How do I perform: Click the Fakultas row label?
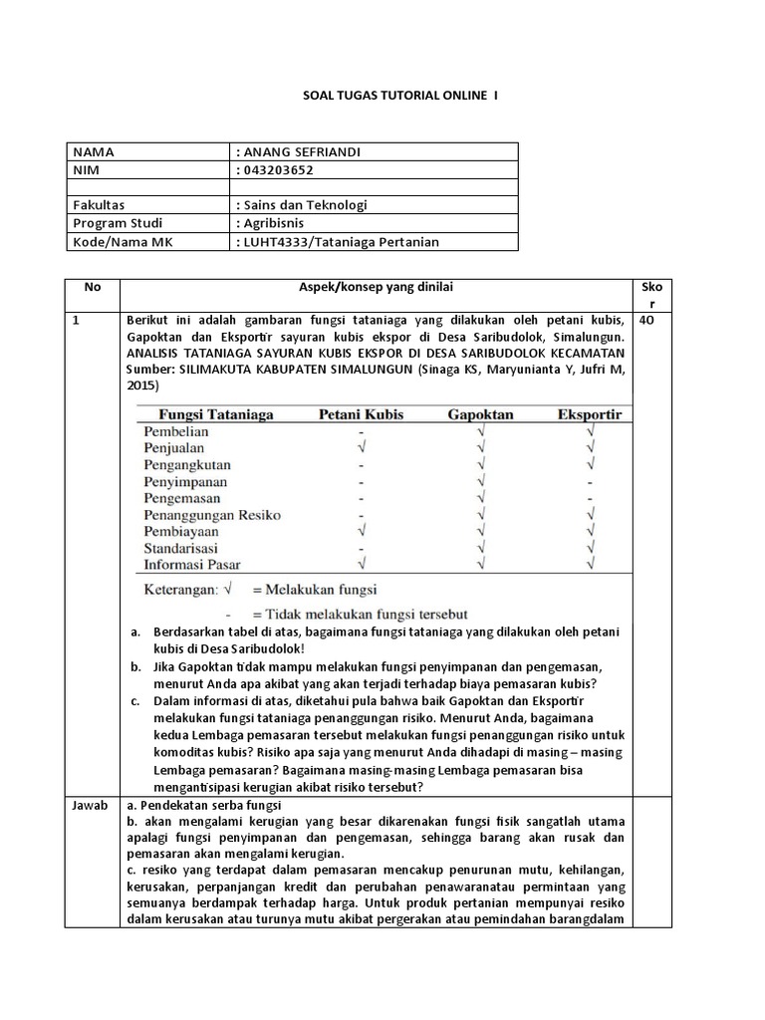tap(98, 205)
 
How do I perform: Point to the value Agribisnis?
tap(273, 223)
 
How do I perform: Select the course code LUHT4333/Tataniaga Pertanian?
tap(340, 241)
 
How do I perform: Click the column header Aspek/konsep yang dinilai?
tap(377, 287)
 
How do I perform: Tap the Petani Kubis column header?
tap(361, 414)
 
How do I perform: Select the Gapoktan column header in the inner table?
tap(481, 414)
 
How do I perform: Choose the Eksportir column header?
tap(590, 414)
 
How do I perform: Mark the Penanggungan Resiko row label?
tap(212, 515)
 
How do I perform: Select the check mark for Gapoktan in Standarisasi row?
tap(481, 548)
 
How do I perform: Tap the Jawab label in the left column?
tap(91, 806)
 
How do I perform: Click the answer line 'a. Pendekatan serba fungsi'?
tap(203, 806)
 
